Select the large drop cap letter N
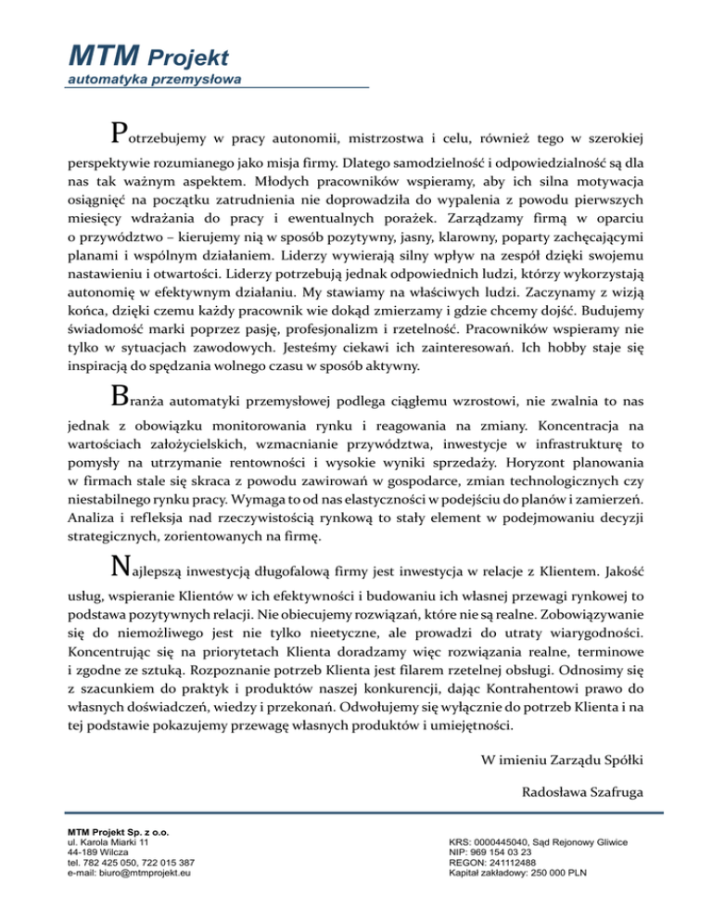pyautogui.click(x=118, y=565)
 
